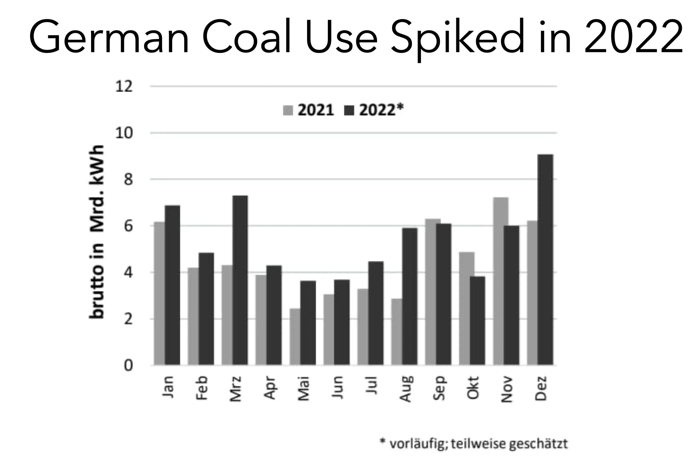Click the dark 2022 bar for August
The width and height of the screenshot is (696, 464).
click(x=409, y=296)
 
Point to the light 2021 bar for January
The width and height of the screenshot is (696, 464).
click(x=159, y=293)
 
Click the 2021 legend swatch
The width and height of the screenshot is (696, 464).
click(x=288, y=110)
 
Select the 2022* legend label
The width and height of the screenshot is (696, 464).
click(x=381, y=110)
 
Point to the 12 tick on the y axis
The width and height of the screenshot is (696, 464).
click(x=124, y=87)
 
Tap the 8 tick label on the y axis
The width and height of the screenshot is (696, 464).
click(x=128, y=180)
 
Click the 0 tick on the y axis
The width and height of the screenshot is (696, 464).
click(x=128, y=365)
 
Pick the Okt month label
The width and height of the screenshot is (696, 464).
click(x=473, y=388)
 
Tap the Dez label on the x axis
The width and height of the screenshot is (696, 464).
click(x=541, y=388)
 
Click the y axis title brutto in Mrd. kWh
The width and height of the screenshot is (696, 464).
click(x=97, y=232)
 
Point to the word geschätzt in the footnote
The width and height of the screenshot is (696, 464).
click(x=538, y=444)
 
